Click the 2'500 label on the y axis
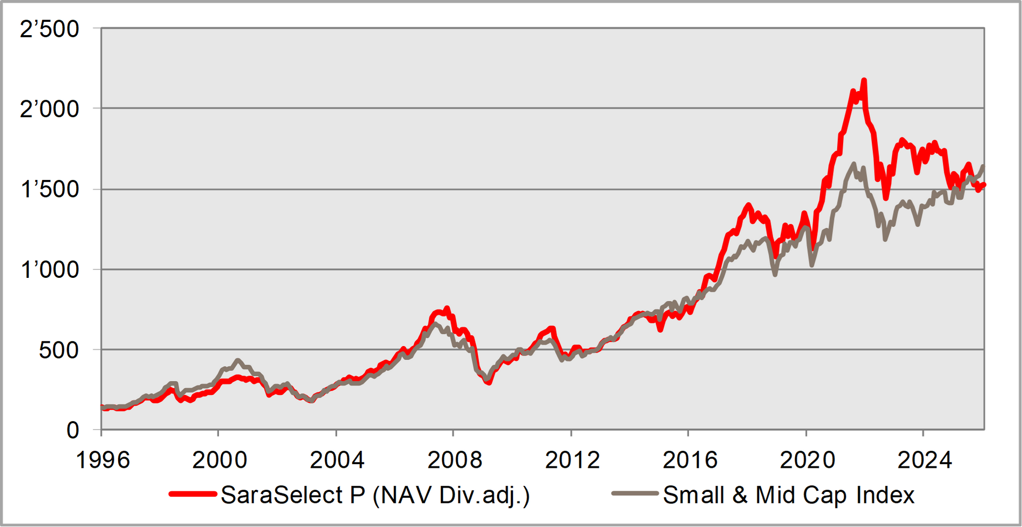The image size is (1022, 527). (x=50, y=29)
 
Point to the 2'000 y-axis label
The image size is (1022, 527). (x=50, y=110)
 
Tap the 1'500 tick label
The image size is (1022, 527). (x=50, y=190)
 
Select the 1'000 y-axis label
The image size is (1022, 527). (x=50, y=270)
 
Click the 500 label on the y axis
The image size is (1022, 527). (x=59, y=351)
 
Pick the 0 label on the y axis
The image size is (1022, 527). (x=72, y=431)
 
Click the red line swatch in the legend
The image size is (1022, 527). (x=193, y=495)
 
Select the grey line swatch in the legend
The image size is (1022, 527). (x=634, y=495)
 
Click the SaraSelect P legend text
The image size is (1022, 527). (x=375, y=496)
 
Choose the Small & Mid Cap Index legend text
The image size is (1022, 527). (x=788, y=496)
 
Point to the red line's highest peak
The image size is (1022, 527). (x=864, y=80)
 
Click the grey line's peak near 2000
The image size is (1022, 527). (x=237, y=360)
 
